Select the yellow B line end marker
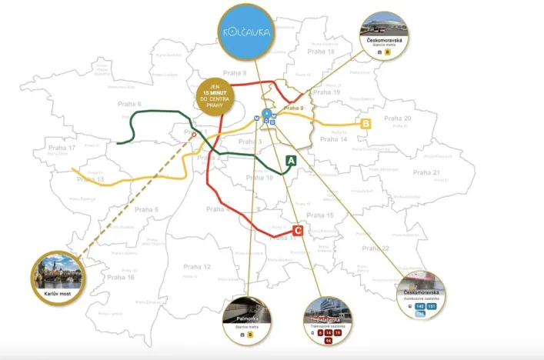tap(366, 123)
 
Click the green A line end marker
tap(292, 161)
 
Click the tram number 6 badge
tap(320, 332)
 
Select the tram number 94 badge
tap(329, 341)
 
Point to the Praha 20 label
tap(398, 118)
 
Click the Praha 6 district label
tap(129, 104)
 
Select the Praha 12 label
tap(197, 267)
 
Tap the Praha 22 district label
tap(397, 248)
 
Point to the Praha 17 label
tap(62, 148)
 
